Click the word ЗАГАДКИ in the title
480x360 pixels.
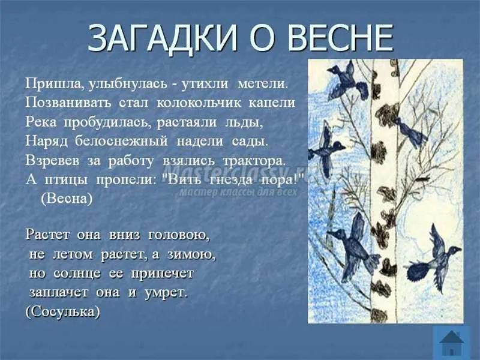tap(163, 38)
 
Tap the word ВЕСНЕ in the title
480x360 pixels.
tap(340, 38)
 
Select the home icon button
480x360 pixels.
tap(452, 343)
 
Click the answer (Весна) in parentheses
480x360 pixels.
tap(67, 199)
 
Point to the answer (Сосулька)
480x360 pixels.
tap(63, 312)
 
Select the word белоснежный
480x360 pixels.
tap(121, 141)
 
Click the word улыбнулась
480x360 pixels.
tap(128, 84)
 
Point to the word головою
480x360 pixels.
tap(179, 235)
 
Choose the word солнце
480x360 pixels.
tap(77, 273)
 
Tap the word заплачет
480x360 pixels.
tap(59, 293)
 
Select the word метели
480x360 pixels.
tap(263, 84)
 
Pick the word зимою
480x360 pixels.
tap(191, 254)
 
